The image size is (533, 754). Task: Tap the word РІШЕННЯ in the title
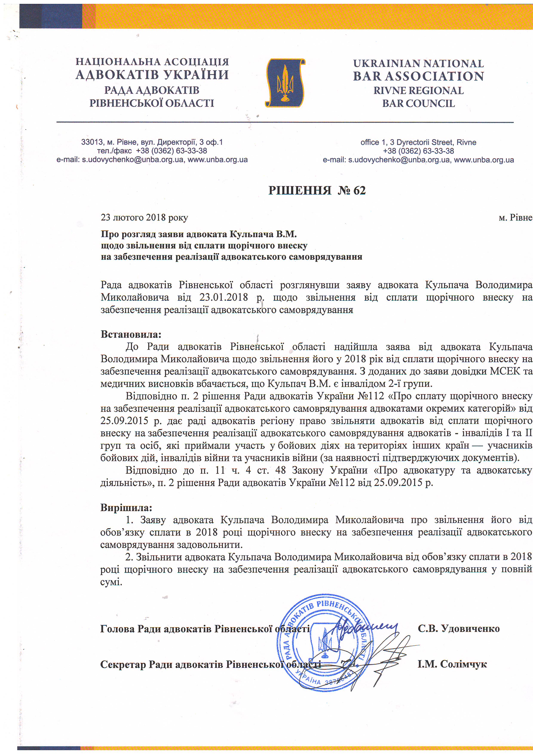(x=300, y=190)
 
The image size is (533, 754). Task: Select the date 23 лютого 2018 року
(x=144, y=218)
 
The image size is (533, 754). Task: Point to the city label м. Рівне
(x=515, y=218)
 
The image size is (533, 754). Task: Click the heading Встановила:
(x=131, y=335)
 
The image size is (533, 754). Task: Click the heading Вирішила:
(x=126, y=508)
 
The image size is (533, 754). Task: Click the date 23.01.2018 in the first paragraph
(x=223, y=297)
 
